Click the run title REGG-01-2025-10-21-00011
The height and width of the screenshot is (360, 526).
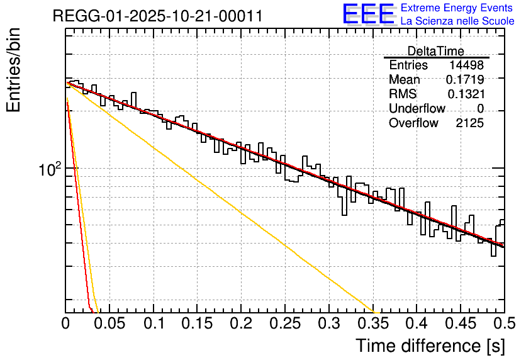coord(157,15)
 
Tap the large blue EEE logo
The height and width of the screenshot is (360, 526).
coord(368,14)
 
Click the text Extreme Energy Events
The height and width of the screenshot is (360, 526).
coord(457,8)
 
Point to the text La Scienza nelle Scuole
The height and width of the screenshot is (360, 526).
coord(457,21)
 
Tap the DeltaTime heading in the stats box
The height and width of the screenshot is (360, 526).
coord(435,51)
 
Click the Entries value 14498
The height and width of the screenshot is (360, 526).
coord(466,65)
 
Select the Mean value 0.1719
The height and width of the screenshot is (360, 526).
coord(465,80)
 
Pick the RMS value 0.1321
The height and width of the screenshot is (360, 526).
coord(466,94)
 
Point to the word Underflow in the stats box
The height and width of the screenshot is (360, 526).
coord(417,109)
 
